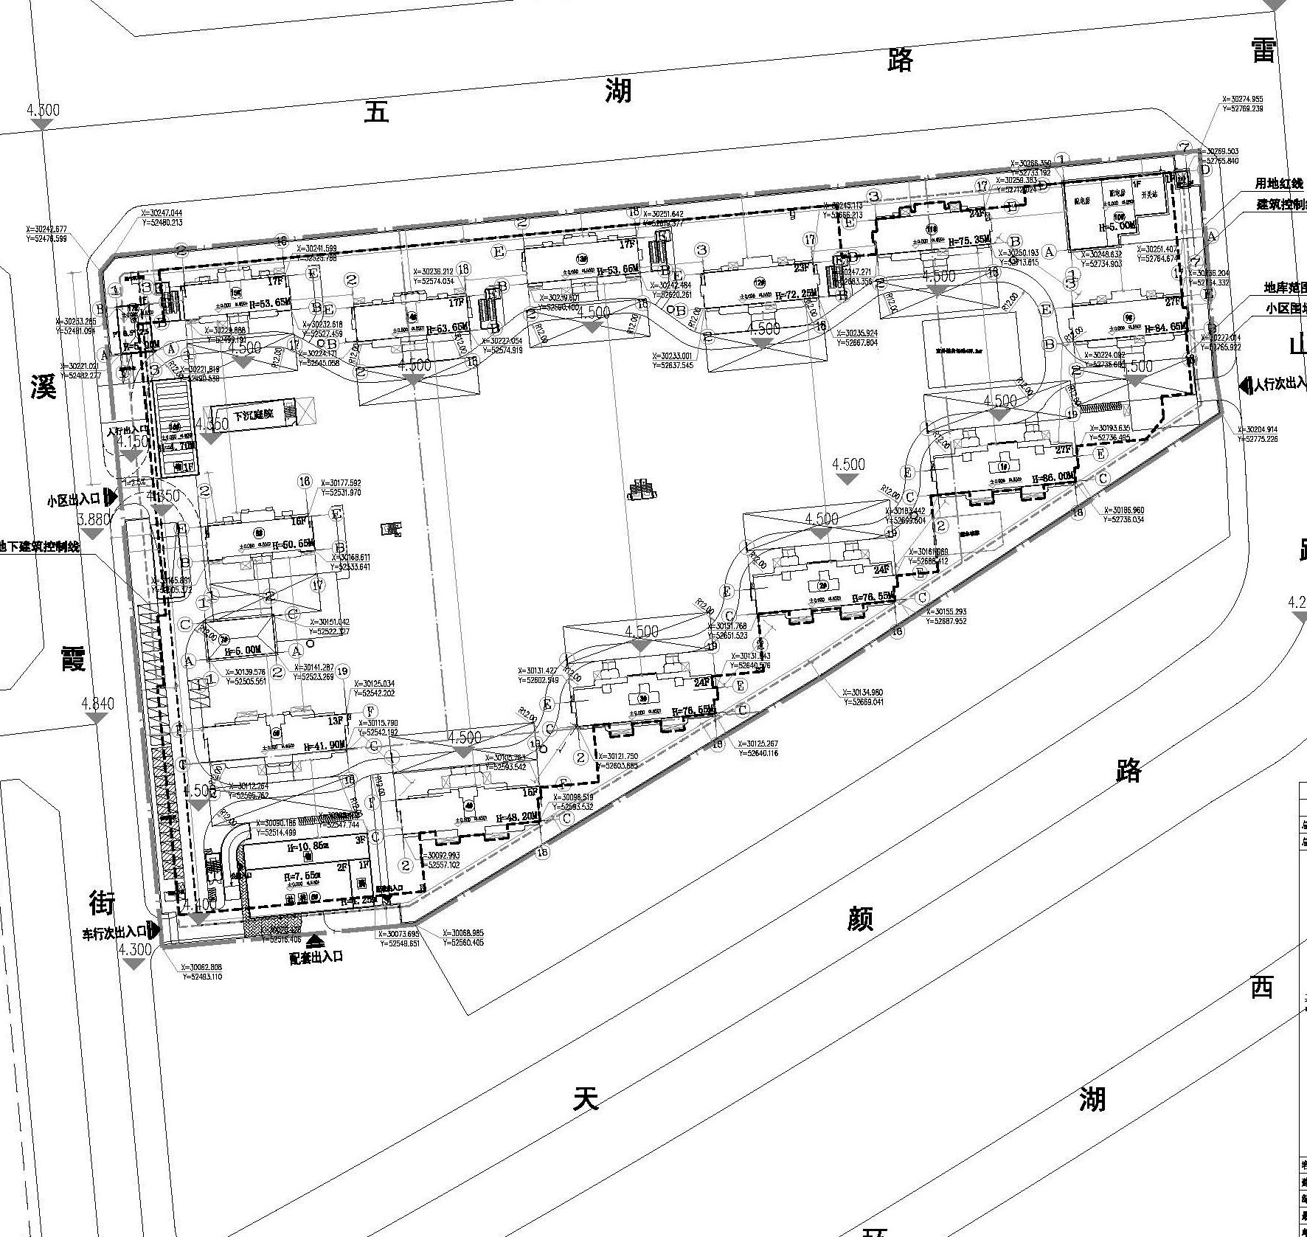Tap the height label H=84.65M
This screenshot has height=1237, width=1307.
pos(1160,327)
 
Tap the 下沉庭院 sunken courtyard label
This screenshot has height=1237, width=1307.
pos(253,414)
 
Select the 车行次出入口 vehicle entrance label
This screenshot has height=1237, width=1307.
pos(114,933)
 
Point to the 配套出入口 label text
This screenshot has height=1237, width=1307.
pos(316,957)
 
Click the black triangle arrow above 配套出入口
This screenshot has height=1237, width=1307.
pos(315,940)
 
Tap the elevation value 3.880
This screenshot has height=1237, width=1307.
pos(93,519)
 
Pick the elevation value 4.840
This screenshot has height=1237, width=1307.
pos(98,703)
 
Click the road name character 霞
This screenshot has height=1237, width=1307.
pos(73,656)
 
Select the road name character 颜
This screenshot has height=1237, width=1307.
pos(859,918)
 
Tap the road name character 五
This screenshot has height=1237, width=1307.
pos(376,112)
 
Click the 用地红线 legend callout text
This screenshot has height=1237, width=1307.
pos(1279,184)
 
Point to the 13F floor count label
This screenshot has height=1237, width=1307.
pos(336,721)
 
